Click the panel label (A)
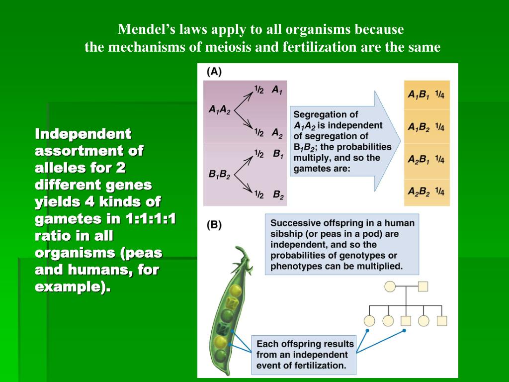[x=214, y=71]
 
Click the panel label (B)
[x=214, y=224]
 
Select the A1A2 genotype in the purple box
[x=219, y=110]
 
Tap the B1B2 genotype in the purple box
[x=219, y=175]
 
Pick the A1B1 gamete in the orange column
[x=419, y=95]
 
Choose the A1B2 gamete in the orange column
[x=419, y=127]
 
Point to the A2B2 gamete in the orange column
[x=419, y=191]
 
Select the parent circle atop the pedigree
[x=390, y=286]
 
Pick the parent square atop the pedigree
[x=423, y=286]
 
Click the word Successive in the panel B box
[x=294, y=223]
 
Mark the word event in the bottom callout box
[x=270, y=366]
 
